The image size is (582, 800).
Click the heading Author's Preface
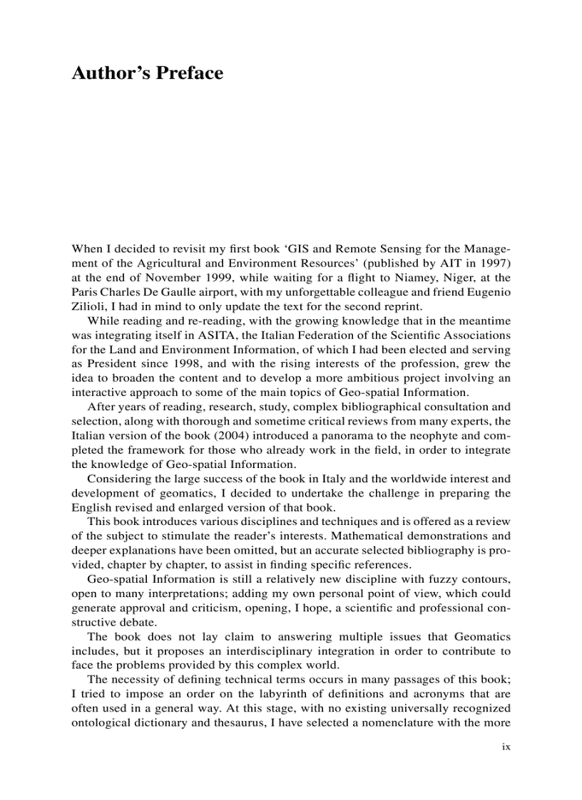(147, 73)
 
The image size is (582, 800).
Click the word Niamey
(404, 278)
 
